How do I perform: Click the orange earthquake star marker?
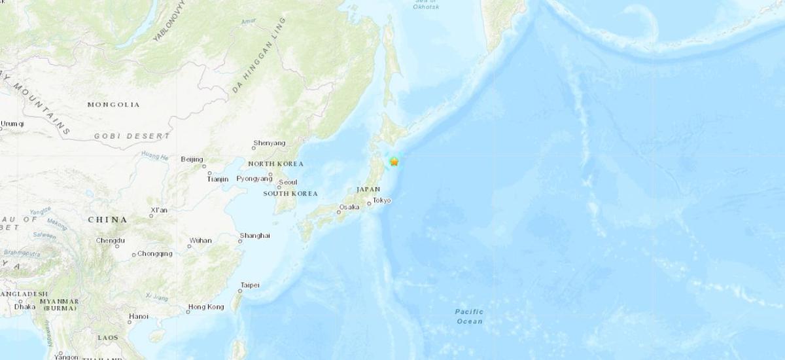(x=394, y=161)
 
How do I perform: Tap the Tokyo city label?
(x=382, y=200)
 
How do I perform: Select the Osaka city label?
(x=349, y=207)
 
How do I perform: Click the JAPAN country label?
(x=368, y=189)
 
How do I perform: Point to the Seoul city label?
(x=288, y=183)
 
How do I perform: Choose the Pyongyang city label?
(x=254, y=178)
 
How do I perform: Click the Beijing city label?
(x=192, y=159)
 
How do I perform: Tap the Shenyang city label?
(x=270, y=143)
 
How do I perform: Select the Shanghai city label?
(x=255, y=236)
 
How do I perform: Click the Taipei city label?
(x=250, y=285)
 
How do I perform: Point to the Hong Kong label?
(x=206, y=307)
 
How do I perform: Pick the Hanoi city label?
(x=139, y=316)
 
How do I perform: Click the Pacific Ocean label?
(x=469, y=316)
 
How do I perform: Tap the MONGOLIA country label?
(x=113, y=105)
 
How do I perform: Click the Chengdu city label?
(x=111, y=240)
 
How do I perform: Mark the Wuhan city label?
(x=200, y=240)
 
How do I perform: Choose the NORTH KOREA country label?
(x=275, y=164)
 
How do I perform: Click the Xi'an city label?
(x=159, y=210)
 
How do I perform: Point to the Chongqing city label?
(x=156, y=253)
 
